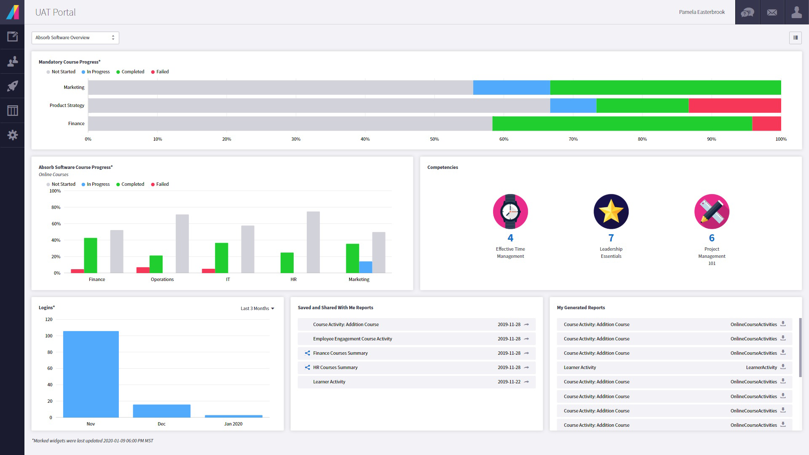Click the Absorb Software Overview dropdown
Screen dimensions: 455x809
tap(75, 38)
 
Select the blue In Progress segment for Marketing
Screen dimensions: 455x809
tap(511, 88)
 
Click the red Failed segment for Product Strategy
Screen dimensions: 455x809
tap(734, 106)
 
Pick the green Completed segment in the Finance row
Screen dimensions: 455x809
tap(622, 124)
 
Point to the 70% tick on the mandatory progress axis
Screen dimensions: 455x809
tap(573, 139)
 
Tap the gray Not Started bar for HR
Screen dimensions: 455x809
tap(313, 242)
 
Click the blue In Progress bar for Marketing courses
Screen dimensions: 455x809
tap(365, 267)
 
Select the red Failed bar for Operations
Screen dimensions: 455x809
tap(143, 270)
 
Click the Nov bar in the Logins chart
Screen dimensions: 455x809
tap(91, 374)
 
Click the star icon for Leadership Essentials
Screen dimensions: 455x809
tap(611, 211)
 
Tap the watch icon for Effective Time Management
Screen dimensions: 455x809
tap(510, 211)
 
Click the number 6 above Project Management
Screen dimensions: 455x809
tap(712, 238)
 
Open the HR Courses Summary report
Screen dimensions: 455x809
tap(335, 367)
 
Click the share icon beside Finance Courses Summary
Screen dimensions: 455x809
tap(307, 353)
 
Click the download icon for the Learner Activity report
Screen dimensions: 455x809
tap(783, 367)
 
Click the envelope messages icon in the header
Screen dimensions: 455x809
tap(772, 12)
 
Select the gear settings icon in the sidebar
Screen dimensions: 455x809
tap(13, 135)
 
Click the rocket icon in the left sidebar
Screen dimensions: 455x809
tap(13, 86)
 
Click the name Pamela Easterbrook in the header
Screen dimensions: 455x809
tap(702, 12)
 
